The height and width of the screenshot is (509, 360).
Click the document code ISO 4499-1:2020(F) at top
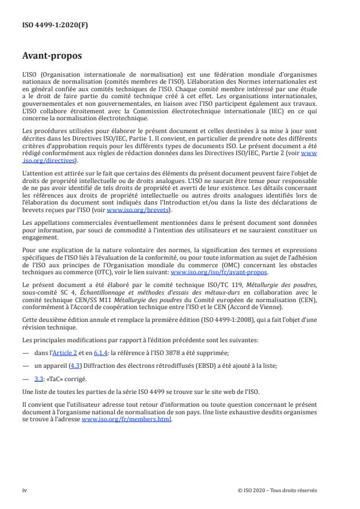[48, 26]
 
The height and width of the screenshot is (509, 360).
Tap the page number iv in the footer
[24, 490]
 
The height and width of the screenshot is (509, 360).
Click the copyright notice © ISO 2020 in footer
[278, 490]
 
